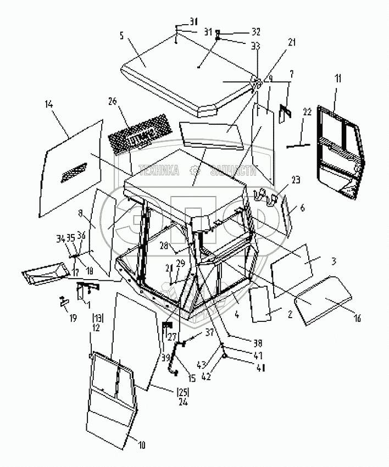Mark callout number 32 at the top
241,31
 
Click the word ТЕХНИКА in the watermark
159,171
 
